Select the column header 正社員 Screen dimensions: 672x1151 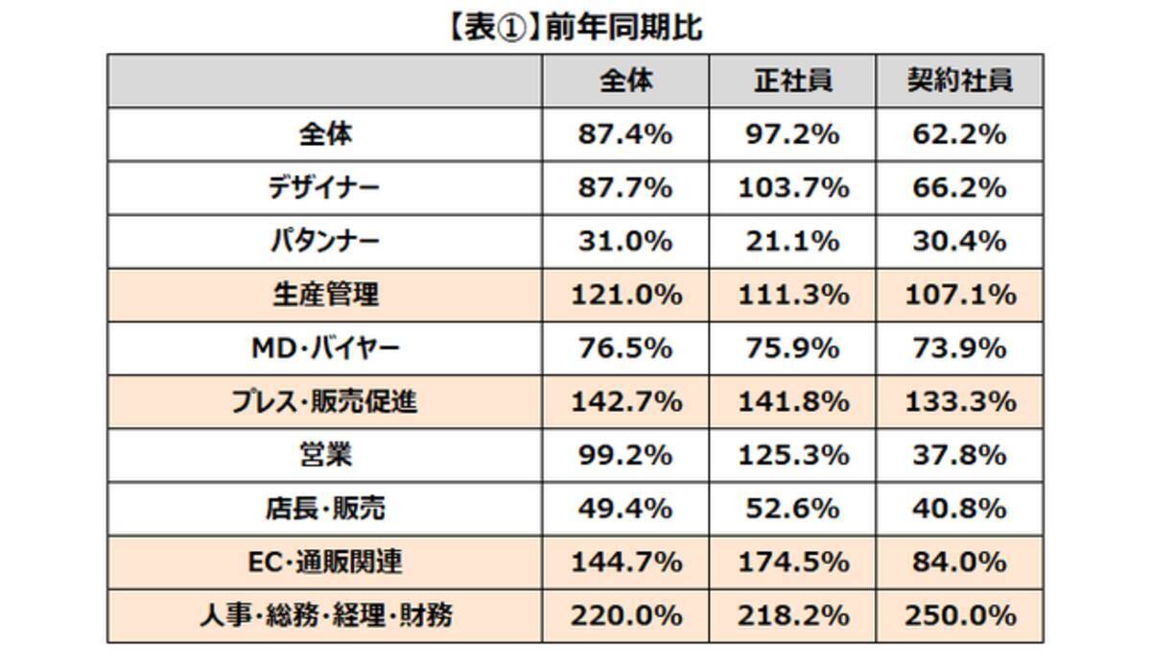[792, 82]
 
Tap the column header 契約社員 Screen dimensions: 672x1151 [960, 82]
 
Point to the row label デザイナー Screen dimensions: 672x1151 [324, 188]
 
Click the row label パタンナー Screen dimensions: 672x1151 [324, 242]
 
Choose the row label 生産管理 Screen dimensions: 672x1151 [324, 295]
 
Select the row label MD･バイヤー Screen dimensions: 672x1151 [324, 348]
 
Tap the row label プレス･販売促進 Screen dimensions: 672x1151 [324, 401]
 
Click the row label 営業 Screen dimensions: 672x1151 [324, 454]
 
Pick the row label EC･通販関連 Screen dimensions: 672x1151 [324, 562]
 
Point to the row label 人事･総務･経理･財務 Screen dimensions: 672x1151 [324, 614]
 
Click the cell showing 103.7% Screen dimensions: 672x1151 [792, 188]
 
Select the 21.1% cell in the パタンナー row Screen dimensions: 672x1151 [792, 242]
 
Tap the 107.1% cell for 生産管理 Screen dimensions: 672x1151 [960, 295]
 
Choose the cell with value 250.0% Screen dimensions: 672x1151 [960, 614]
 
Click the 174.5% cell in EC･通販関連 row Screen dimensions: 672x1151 [792, 562]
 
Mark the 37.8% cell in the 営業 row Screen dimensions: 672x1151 [960, 454]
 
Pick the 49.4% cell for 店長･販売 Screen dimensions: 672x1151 [624, 508]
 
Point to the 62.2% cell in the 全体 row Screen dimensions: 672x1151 [960, 135]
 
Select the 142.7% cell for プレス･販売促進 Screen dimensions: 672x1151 [624, 401]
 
